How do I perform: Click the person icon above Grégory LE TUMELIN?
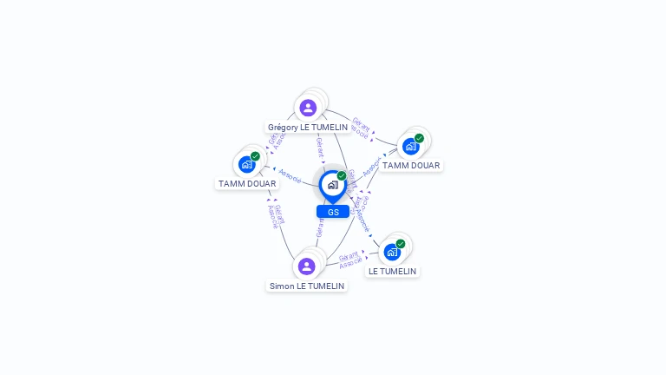click(x=308, y=108)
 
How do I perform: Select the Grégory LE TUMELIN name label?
click(x=308, y=127)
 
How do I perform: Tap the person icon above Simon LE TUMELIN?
click(x=306, y=266)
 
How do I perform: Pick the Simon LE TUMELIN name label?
click(x=307, y=286)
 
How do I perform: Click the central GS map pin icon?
click(x=332, y=186)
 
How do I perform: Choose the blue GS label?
click(x=333, y=212)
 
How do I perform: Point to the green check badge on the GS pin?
click(x=342, y=176)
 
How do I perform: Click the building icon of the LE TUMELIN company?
click(x=392, y=252)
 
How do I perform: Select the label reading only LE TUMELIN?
click(x=392, y=271)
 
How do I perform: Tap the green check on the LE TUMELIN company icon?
click(x=401, y=244)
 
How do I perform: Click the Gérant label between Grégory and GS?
click(x=319, y=148)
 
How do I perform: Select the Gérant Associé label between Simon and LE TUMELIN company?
click(x=350, y=260)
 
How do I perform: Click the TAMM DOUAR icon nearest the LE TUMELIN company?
click(x=411, y=146)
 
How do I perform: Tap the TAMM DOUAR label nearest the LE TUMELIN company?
click(x=411, y=165)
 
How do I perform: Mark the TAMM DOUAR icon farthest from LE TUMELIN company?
click(x=247, y=164)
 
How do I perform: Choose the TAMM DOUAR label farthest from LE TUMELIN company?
click(x=247, y=183)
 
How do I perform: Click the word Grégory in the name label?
click(x=284, y=127)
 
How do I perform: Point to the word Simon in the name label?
click(x=281, y=286)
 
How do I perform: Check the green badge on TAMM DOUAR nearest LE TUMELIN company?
click(x=419, y=138)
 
